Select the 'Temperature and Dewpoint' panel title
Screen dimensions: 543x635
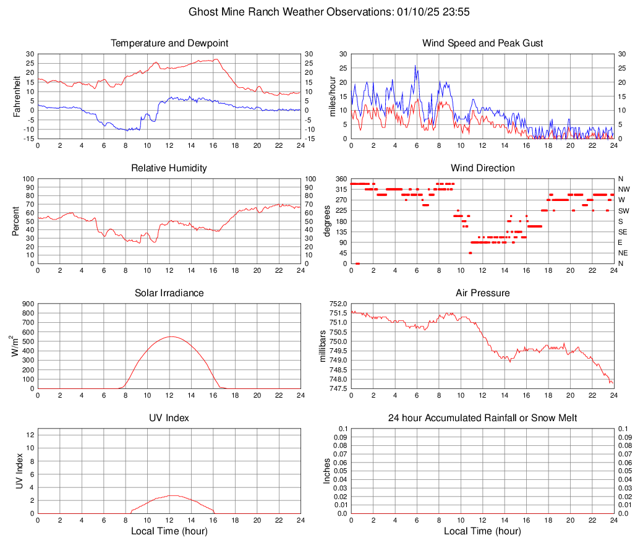[169, 43]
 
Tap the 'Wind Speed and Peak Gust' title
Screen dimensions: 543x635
[482, 43]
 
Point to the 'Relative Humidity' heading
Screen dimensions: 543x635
[169, 168]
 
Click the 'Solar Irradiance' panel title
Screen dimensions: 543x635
[169, 293]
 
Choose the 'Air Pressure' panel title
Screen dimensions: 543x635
[482, 293]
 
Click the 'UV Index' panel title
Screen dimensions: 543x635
[169, 418]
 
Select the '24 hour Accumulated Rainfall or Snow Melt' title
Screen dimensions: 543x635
[482, 418]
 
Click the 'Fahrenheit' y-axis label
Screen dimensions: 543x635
[17, 96]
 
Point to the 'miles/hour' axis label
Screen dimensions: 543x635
[332, 96]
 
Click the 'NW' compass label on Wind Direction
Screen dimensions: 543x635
[624, 189]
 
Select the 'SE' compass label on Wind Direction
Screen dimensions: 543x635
[623, 232]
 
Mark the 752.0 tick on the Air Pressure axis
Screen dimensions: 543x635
[339, 304]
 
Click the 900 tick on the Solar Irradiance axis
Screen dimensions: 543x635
[28, 304]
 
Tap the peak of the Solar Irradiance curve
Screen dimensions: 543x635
[171, 336]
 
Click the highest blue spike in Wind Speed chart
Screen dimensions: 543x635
[416, 66]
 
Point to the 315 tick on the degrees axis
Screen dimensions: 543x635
[339, 189]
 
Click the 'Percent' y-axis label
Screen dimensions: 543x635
[17, 221]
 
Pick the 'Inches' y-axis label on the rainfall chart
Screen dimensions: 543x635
[327, 471]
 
